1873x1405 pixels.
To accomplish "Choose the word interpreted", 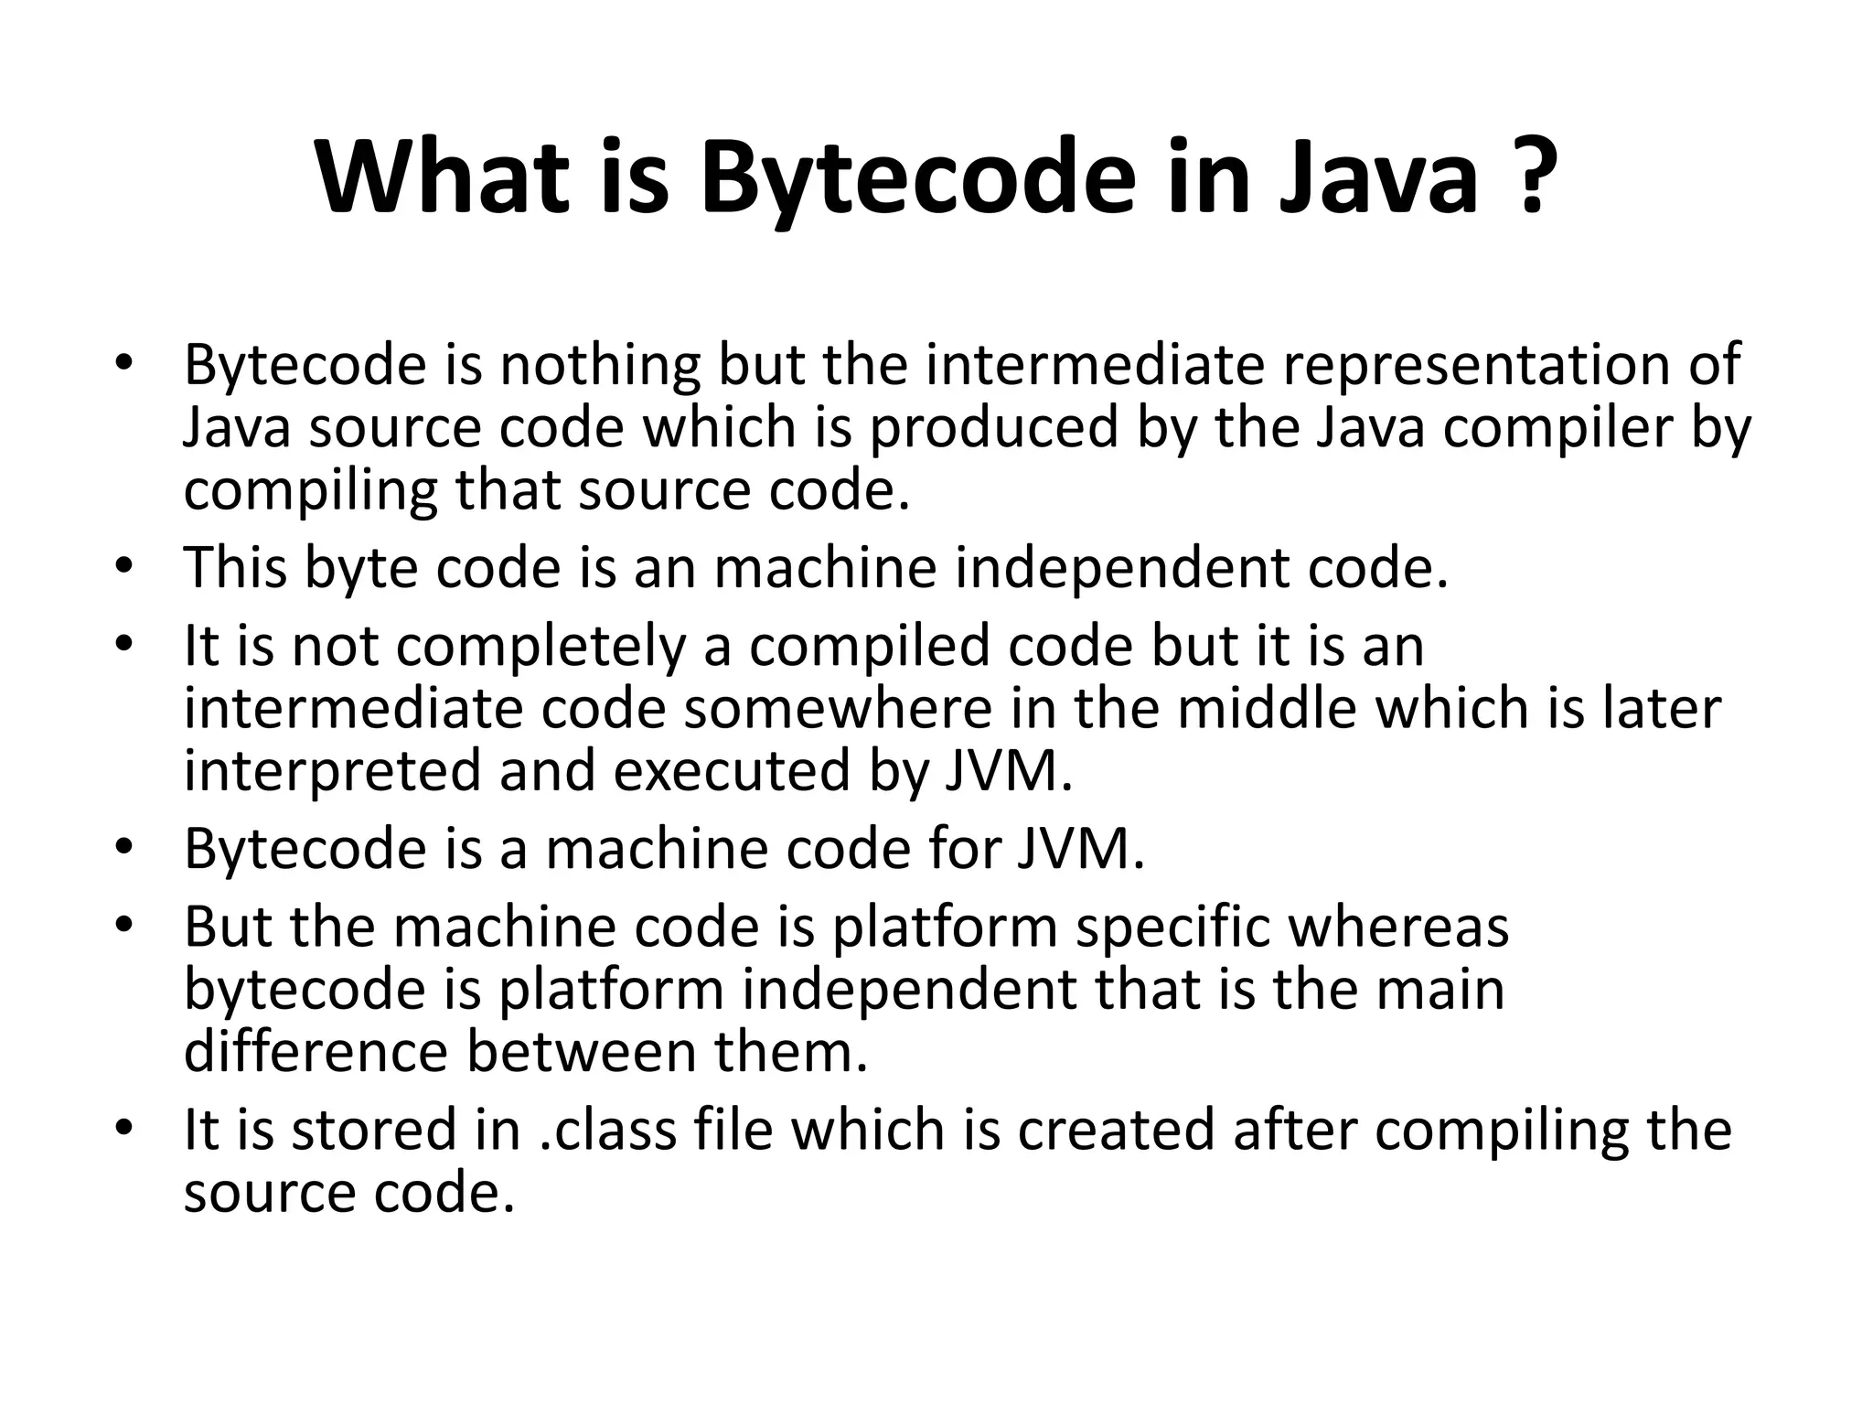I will click(x=332, y=770).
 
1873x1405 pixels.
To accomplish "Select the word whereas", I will click(x=1398, y=927).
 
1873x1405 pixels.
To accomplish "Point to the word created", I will click(x=1117, y=1130).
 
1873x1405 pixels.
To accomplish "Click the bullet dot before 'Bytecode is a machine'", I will click(x=124, y=846).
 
